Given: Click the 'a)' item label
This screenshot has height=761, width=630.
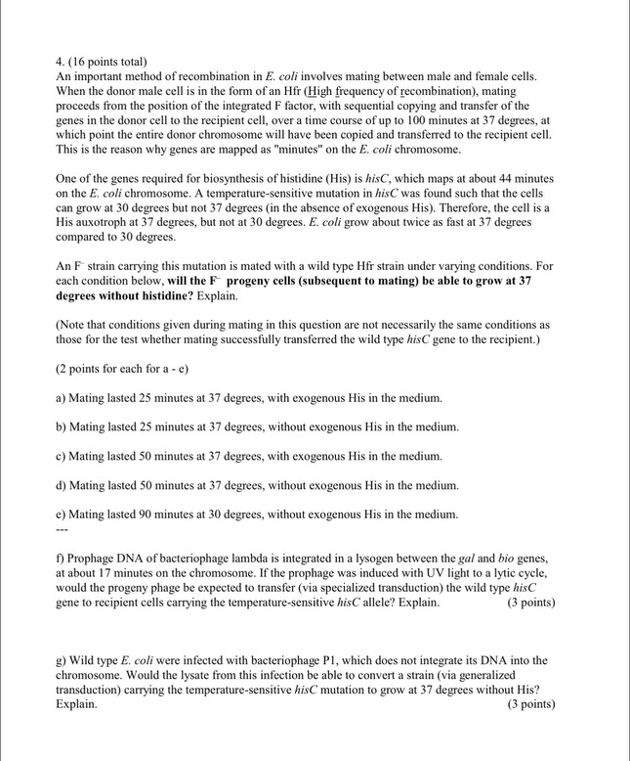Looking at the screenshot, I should click(62, 398).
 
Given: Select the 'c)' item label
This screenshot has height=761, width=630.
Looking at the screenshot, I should click(62, 456).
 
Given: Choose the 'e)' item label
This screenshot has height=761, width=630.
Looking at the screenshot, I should click(62, 515).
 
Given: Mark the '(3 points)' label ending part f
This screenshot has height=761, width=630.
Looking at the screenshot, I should click(531, 602).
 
